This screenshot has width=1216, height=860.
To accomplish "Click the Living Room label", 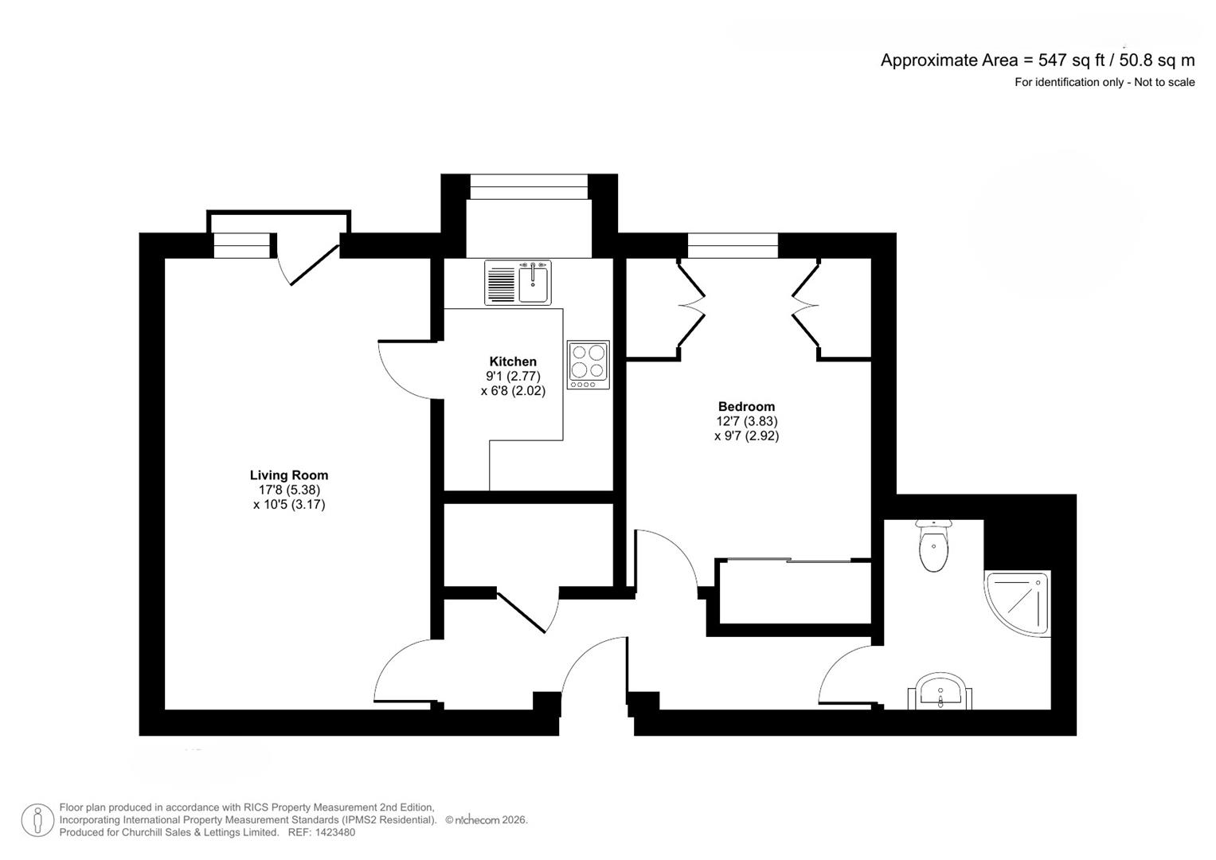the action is click(289, 475).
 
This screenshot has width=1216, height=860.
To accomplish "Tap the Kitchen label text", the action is click(513, 362).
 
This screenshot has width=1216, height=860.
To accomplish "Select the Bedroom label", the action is click(746, 407).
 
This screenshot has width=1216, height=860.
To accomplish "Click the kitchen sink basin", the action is click(533, 283).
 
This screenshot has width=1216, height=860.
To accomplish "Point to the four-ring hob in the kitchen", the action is click(588, 365).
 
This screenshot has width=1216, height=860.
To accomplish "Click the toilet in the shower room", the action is click(934, 545).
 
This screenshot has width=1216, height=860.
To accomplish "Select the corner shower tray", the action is click(1017, 604).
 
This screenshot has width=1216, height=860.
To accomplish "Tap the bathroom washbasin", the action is click(940, 691).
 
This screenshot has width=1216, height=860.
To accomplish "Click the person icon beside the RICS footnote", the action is click(37, 820).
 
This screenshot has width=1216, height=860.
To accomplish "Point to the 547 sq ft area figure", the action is click(1072, 61).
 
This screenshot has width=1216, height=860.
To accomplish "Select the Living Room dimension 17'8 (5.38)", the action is click(289, 491).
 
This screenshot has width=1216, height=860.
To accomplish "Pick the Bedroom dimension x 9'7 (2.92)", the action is click(746, 436).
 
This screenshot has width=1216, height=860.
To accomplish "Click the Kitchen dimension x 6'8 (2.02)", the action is click(513, 391).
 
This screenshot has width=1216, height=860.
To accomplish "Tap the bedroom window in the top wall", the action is click(733, 245).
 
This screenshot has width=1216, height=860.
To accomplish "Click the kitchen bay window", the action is click(529, 187).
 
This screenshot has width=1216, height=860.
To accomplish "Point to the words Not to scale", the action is click(1164, 83).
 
